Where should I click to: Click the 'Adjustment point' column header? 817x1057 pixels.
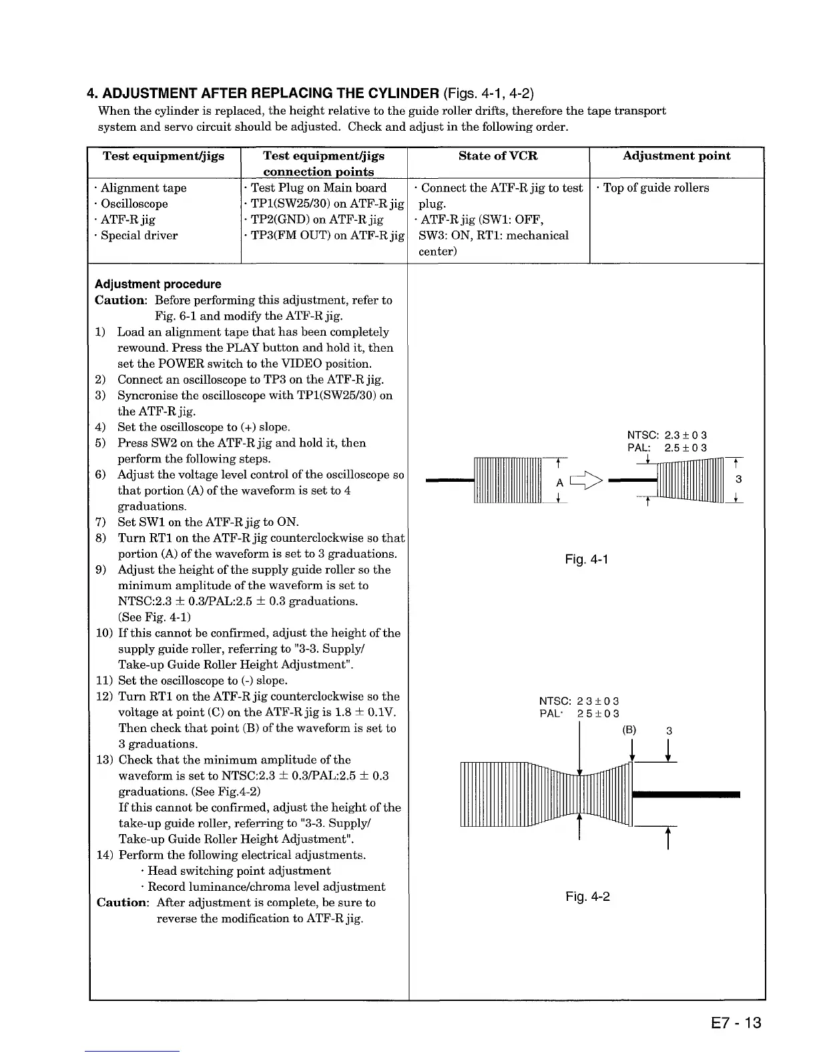point(676,156)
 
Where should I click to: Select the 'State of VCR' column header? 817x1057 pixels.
point(498,156)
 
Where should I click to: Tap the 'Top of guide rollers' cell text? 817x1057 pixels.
point(655,188)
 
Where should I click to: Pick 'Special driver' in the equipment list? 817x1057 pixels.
point(139,236)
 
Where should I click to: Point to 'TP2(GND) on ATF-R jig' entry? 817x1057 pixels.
point(324,220)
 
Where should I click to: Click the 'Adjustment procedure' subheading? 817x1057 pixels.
point(158,284)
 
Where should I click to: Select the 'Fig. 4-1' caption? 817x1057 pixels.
point(586,559)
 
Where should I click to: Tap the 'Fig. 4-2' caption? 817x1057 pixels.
point(587,896)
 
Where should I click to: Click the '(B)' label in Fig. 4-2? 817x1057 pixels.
point(629,730)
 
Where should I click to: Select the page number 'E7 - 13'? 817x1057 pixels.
point(727,1022)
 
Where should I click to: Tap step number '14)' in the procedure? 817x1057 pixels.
point(105,855)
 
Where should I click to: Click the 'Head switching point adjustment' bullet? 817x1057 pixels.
point(238,871)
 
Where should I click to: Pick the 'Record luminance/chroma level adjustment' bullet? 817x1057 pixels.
point(266,887)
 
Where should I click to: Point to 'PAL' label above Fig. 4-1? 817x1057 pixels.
point(639,448)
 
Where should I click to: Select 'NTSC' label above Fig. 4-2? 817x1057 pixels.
point(554,701)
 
